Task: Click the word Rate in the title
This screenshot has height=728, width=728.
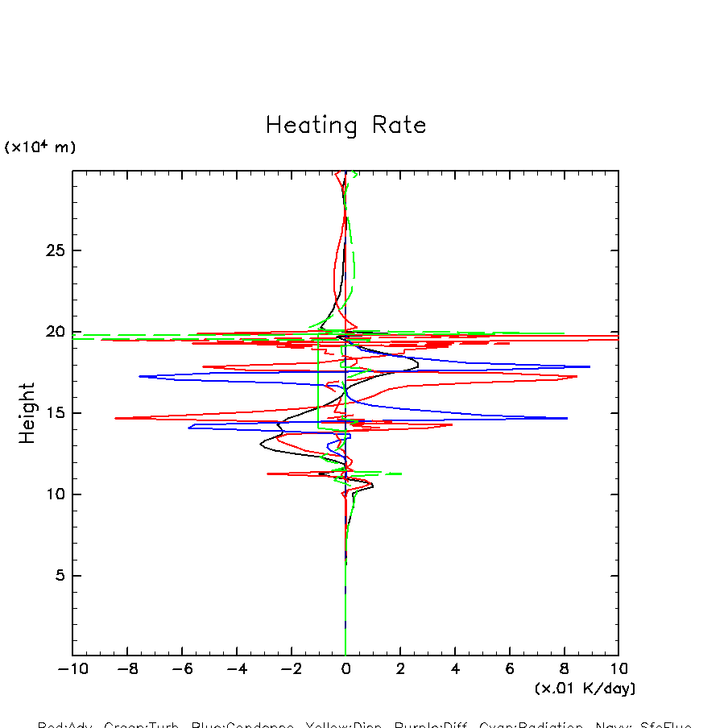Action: tap(399, 126)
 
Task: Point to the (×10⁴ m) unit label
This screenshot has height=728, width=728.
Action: tap(40, 147)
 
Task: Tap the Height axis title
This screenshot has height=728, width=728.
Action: tap(27, 413)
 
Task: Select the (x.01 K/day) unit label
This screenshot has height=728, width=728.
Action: tap(585, 689)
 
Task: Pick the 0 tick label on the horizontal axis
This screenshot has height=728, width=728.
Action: tap(345, 669)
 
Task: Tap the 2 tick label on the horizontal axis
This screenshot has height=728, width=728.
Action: tap(400, 669)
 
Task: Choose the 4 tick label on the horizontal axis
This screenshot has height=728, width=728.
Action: tap(455, 669)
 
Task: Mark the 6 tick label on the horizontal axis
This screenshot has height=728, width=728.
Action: tap(510, 669)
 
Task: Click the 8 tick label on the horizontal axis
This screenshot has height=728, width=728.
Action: tap(564, 669)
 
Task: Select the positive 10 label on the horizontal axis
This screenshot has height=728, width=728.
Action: tap(618, 669)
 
